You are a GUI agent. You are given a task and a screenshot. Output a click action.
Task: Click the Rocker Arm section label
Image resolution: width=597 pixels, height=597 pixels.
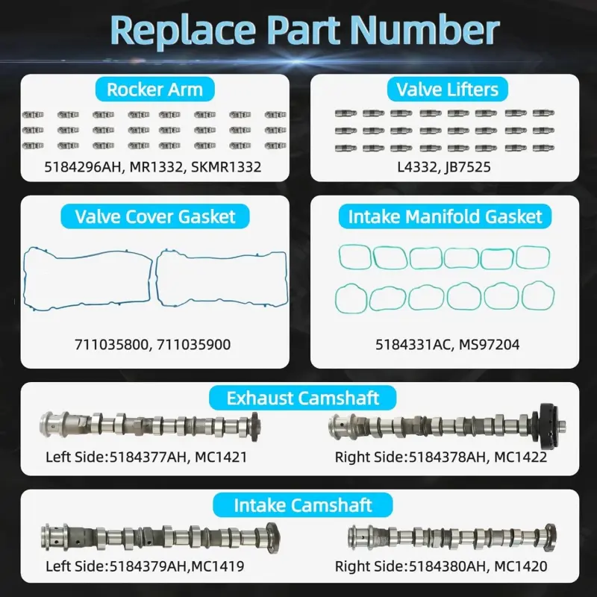(155, 90)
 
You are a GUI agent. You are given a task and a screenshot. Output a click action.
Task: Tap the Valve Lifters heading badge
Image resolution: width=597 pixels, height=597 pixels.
(447, 90)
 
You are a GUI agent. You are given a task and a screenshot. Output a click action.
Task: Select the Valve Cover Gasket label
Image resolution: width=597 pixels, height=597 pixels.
(155, 216)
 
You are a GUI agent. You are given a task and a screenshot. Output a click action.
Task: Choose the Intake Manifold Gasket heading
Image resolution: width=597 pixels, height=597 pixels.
(445, 216)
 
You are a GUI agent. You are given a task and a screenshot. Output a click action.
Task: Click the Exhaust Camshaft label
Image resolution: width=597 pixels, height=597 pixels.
(303, 398)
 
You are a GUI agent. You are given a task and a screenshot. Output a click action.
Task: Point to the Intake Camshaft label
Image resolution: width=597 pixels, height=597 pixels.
(303, 505)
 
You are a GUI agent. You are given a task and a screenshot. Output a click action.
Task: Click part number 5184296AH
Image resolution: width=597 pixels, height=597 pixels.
(84, 167)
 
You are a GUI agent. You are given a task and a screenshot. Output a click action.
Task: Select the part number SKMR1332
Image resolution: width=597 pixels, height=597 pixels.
(226, 167)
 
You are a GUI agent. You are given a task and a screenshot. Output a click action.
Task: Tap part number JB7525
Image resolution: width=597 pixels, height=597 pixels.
(468, 167)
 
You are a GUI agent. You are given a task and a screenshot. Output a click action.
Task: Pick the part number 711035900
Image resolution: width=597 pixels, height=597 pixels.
(194, 345)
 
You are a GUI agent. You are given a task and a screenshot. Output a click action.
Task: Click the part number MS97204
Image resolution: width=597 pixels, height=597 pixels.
(490, 345)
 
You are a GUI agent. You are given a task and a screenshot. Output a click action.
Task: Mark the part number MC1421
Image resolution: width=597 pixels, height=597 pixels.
(221, 457)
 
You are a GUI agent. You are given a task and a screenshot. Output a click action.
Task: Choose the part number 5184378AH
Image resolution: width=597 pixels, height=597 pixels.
(448, 457)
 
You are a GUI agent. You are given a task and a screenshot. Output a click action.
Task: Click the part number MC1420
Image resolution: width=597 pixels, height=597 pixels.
(521, 566)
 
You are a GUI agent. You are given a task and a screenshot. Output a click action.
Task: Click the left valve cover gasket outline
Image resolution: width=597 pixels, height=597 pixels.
(25, 278)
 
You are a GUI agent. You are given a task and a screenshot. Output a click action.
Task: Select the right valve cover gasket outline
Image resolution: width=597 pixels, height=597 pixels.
(157, 278)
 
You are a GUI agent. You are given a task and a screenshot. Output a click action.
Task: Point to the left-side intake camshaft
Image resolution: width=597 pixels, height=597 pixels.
(160, 537)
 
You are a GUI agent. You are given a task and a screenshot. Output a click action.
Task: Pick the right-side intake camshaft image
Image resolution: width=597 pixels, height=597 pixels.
(452, 537)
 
